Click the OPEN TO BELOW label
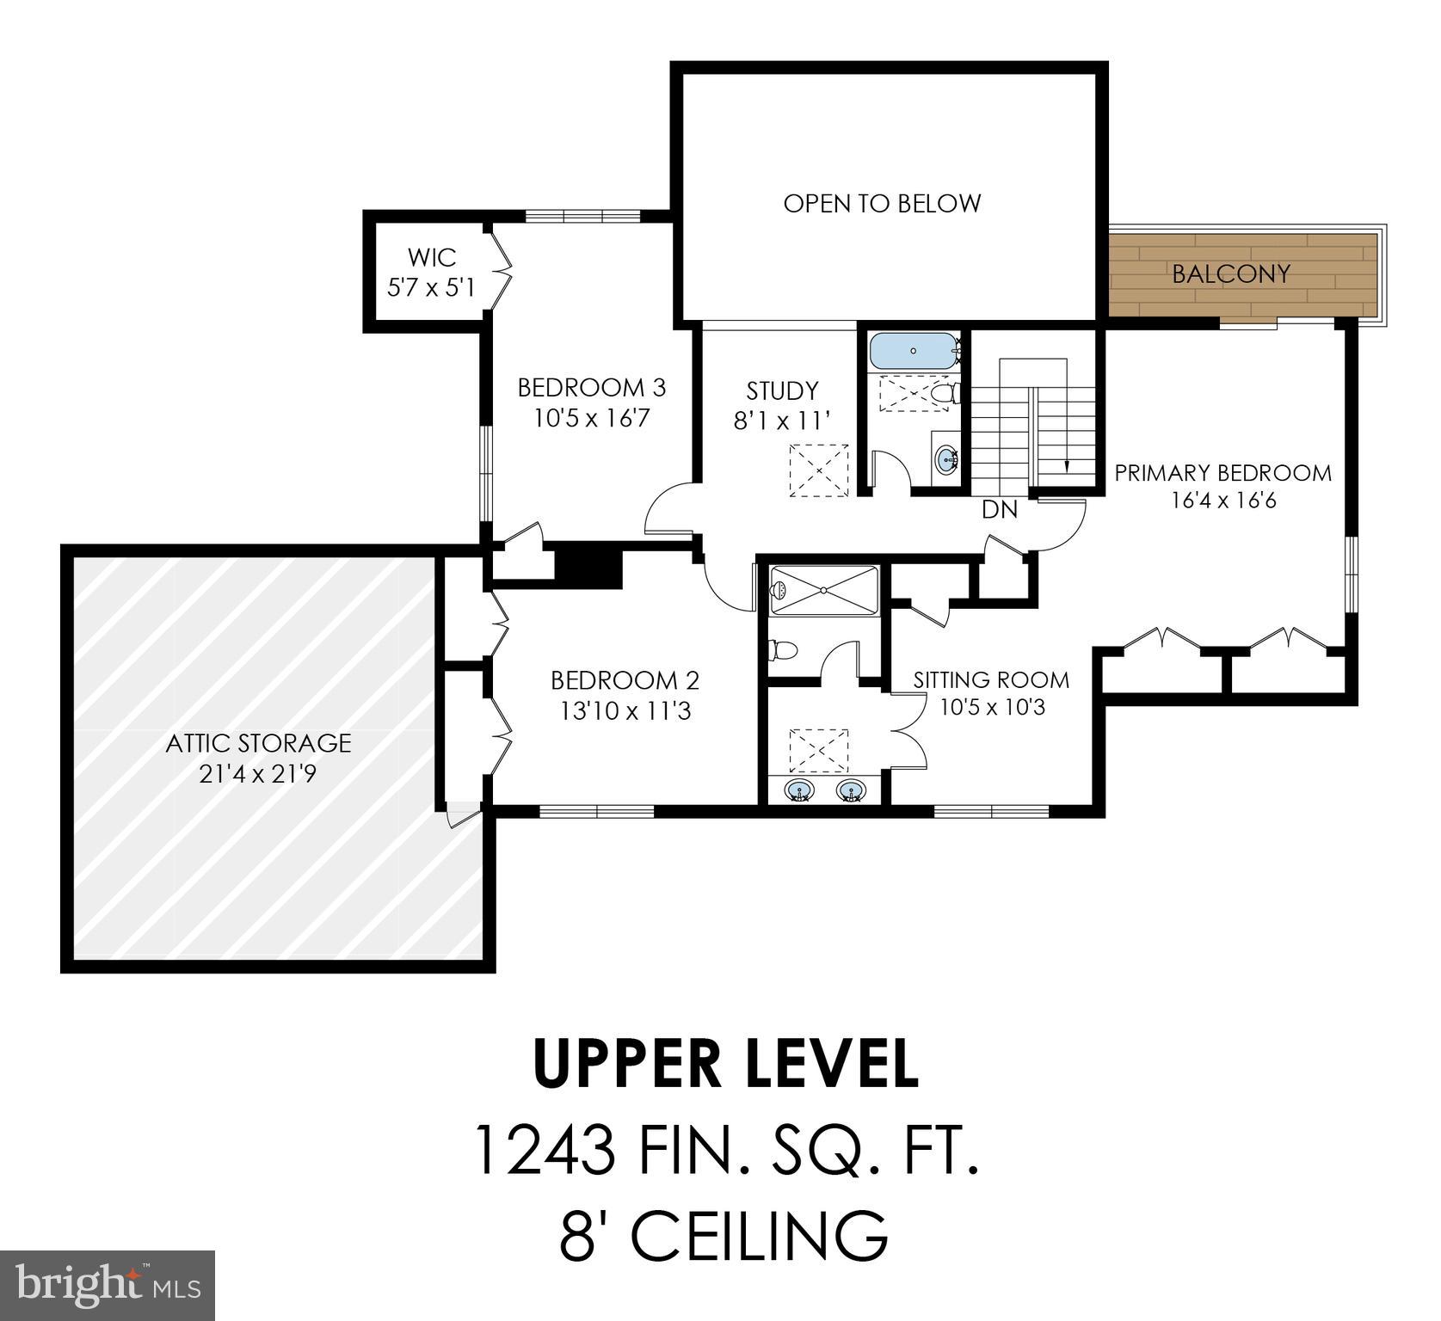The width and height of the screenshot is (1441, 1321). click(882, 204)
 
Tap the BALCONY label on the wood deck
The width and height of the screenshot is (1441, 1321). click(1231, 273)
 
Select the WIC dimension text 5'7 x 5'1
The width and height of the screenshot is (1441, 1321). click(431, 287)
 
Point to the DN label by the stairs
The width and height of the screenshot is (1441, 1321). click(1000, 510)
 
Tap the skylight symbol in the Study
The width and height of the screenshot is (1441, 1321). click(819, 470)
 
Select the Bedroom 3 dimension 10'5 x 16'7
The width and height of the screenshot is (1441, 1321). click(591, 419)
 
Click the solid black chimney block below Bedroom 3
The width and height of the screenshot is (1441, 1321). click(589, 567)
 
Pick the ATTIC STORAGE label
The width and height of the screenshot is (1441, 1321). click(258, 743)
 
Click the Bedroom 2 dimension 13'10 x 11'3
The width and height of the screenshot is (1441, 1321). click(625, 712)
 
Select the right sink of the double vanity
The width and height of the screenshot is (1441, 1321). click(851, 790)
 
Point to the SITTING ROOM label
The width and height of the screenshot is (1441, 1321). click(991, 680)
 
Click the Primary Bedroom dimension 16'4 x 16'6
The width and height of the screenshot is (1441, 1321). click(1223, 500)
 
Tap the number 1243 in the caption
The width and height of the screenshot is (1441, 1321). click(544, 1152)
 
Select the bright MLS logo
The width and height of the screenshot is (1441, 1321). click(108, 1286)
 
